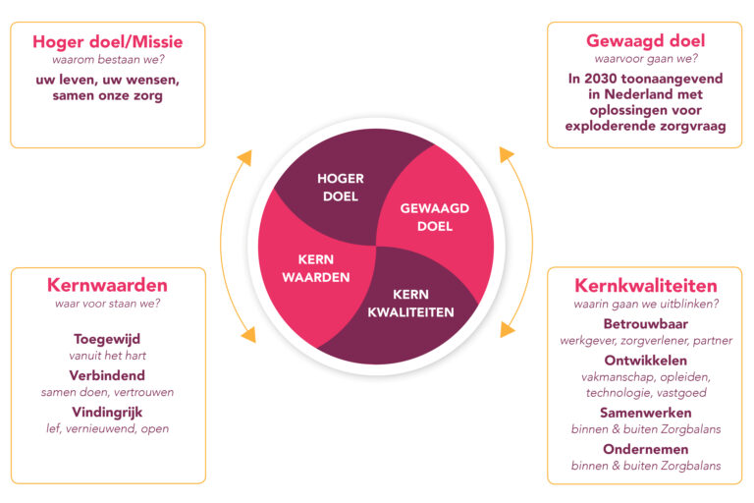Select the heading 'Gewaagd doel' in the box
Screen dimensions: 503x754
click(x=645, y=40)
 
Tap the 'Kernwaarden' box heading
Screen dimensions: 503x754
click(x=107, y=285)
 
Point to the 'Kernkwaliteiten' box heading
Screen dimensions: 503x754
click(x=645, y=286)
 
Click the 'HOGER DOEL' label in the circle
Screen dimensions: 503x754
click(x=341, y=188)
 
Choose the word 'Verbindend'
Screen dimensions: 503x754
click(x=107, y=375)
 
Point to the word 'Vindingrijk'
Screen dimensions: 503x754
click(x=107, y=412)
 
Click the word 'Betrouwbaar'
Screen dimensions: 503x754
click(x=645, y=323)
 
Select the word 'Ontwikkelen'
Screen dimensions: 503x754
click(x=645, y=360)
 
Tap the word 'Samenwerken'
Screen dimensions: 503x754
click(x=645, y=413)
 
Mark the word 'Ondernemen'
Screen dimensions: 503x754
click(x=645, y=449)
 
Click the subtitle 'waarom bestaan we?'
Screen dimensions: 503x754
click(x=107, y=60)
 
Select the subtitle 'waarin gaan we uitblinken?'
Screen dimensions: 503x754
click(x=645, y=305)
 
